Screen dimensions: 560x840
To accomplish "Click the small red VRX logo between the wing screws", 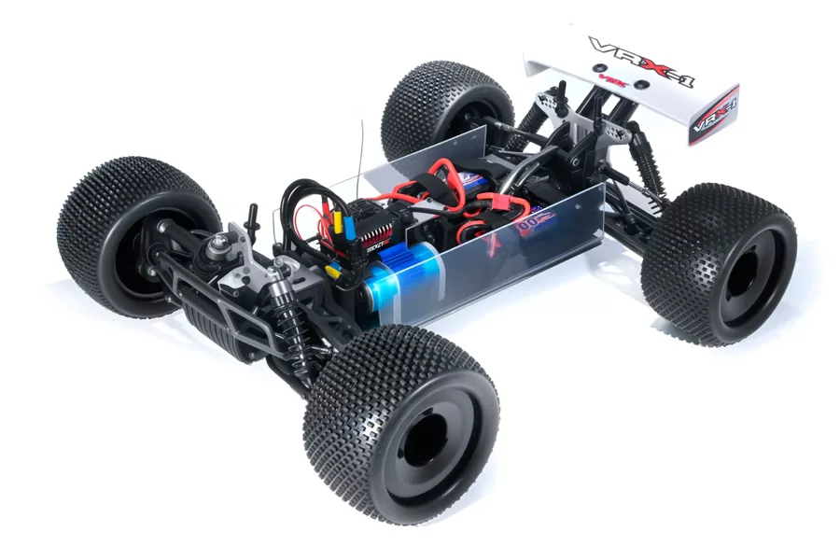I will (619, 79).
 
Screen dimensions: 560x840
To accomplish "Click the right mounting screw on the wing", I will (643, 86).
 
